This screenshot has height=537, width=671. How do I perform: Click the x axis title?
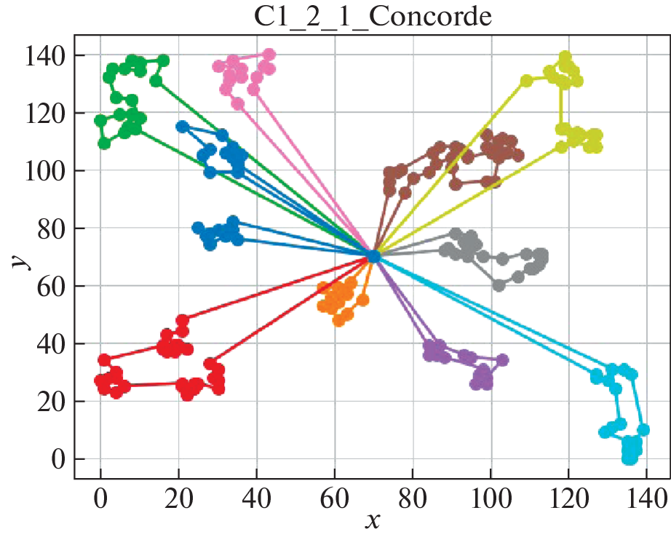point(372,520)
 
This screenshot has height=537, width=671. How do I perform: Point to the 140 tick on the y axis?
point(44,56)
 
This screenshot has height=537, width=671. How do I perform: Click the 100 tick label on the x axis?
point(490,498)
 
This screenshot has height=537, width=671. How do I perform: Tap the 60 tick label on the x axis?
point(334,498)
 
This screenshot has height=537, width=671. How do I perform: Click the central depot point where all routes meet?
point(373,256)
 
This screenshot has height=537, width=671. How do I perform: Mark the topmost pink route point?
point(269,55)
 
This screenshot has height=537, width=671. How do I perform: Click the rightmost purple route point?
point(502,360)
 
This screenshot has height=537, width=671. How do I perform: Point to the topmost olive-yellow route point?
point(565,57)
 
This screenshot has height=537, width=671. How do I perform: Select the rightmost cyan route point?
point(643,430)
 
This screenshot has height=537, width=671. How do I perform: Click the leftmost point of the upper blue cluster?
point(182,127)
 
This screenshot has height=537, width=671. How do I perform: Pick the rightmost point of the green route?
point(164,60)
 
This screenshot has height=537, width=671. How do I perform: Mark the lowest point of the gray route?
point(499,285)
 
